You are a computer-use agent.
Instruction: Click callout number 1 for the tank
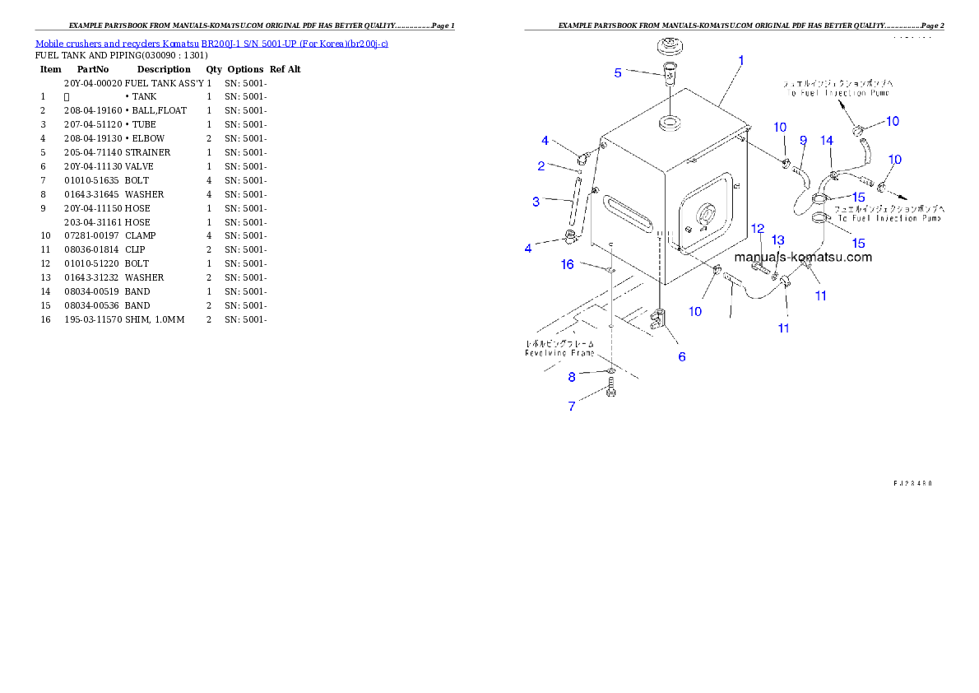click(x=740, y=60)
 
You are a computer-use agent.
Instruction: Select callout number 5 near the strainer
click(x=618, y=72)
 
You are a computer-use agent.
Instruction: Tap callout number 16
click(x=568, y=264)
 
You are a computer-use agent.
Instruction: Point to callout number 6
click(x=681, y=356)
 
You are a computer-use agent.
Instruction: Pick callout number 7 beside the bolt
click(x=571, y=406)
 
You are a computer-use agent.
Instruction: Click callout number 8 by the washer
click(x=572, y=378)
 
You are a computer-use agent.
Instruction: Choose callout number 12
click(x=758, y=228)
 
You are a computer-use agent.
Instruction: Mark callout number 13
click(x=777, y=240)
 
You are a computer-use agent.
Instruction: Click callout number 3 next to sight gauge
click(x=536, y=201)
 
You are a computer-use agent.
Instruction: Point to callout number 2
click(x=541, y=166)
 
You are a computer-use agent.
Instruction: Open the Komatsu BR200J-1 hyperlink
click(x=211, y=43)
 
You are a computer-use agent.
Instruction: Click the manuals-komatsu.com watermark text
click(x=802, y=257)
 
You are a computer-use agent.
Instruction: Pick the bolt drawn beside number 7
click(x=610, y=388)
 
